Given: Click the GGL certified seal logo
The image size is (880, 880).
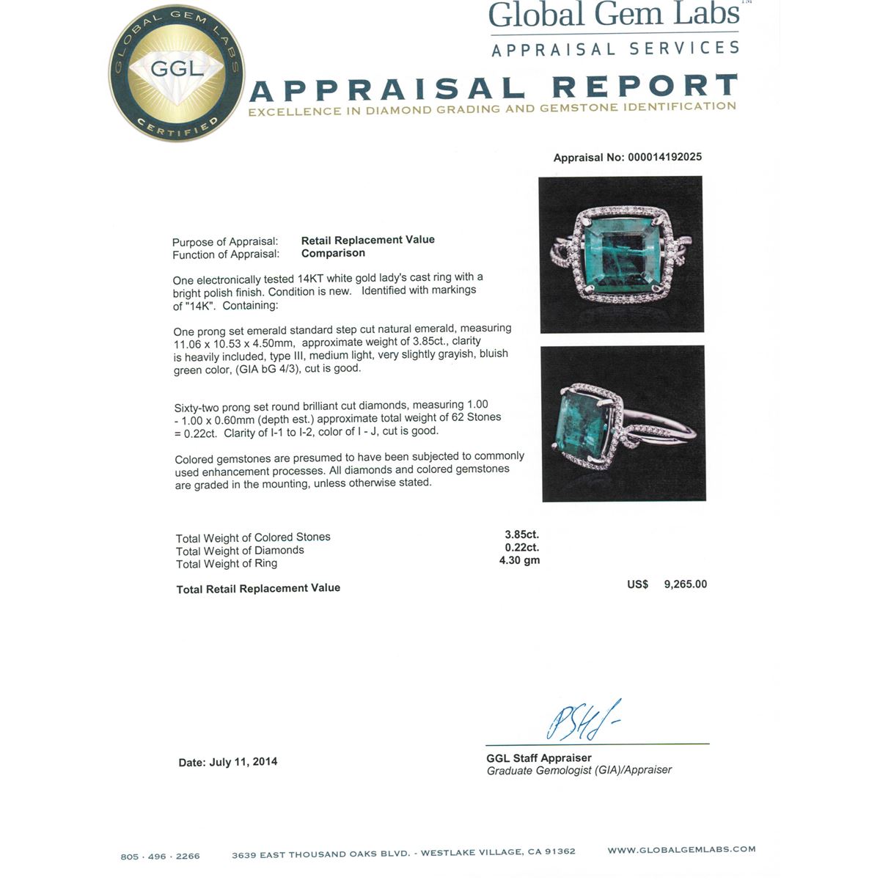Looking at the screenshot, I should [177, 73].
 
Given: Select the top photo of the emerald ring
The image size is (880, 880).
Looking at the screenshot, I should [620, 254].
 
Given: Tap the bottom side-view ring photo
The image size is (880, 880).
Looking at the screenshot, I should [623, 424].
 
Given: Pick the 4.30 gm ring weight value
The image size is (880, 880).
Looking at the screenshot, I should [519, 560].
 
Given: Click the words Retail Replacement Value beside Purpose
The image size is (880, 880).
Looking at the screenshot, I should [367, 240].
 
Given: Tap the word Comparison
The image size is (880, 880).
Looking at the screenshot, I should [333, 253].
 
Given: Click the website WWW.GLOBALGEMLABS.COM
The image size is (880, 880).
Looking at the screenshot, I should [681, 849].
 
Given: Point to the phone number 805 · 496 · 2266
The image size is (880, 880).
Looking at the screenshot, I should [160, 856].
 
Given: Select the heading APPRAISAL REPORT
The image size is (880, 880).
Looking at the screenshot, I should [493, 88].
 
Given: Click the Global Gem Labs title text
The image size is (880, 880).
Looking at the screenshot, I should [614, 16].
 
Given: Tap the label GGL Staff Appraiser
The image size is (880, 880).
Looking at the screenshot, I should [538, 758].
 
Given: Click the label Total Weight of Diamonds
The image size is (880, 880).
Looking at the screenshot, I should [240, 551].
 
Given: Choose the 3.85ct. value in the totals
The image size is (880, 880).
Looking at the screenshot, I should [521, 535].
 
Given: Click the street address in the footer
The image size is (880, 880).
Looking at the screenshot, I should [403, 853].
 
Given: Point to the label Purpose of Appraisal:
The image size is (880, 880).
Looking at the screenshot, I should [225, 242].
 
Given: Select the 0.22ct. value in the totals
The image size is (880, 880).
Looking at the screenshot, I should [521, 547].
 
